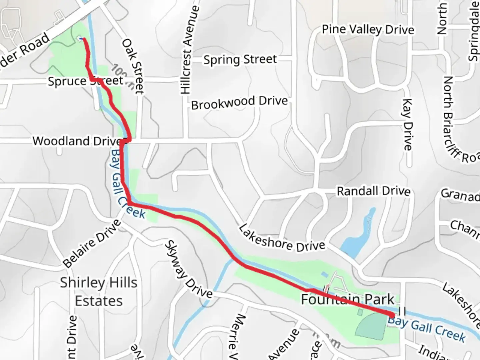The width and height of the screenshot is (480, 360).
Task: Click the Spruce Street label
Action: tap(85, 81)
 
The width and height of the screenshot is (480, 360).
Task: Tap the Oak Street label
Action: tap(133, 66)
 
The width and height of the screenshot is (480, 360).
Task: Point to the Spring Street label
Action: tap(240, 60)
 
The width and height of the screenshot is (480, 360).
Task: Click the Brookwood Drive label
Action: tap(239, 103)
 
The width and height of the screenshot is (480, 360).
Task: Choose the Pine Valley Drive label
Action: tap(368, 30)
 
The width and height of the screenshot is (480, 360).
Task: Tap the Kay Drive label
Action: tap(407, 124)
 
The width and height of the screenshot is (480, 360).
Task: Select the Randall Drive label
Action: tap(373, 191)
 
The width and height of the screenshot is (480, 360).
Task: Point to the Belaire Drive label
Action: tap(92, 244)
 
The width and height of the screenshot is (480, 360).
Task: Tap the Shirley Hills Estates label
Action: tap(99, 292)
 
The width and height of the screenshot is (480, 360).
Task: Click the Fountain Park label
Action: tap(348, 299)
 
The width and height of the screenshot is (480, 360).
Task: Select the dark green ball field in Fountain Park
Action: tap(371, 325)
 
